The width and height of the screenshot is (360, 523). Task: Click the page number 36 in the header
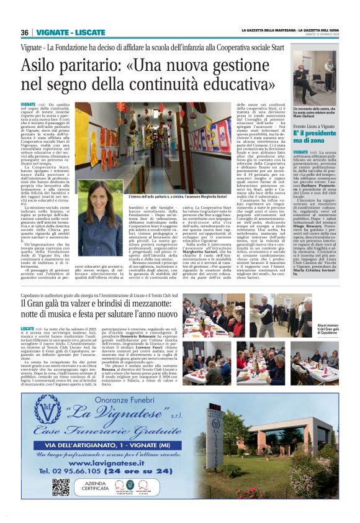point(24,32)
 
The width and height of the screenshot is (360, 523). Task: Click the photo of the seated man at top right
point(323,80)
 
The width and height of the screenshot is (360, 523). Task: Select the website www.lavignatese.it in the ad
point(120,463)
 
